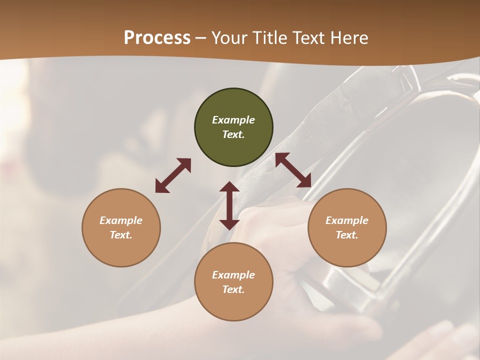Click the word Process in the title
pos(157,38)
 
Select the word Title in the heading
pos(271,38)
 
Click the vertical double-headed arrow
pos(229,205)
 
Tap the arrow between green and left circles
pos(173,175)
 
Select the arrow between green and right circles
pos(293,170)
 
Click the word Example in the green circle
pos(233,120)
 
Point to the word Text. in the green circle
pos(233,134)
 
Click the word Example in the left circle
pos(121,220)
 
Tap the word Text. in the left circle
pos(121,235)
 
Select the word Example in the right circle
pos(347,220)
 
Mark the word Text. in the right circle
pos(347,235)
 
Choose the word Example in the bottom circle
pos(233,275)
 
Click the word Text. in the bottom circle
pos(233,289)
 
